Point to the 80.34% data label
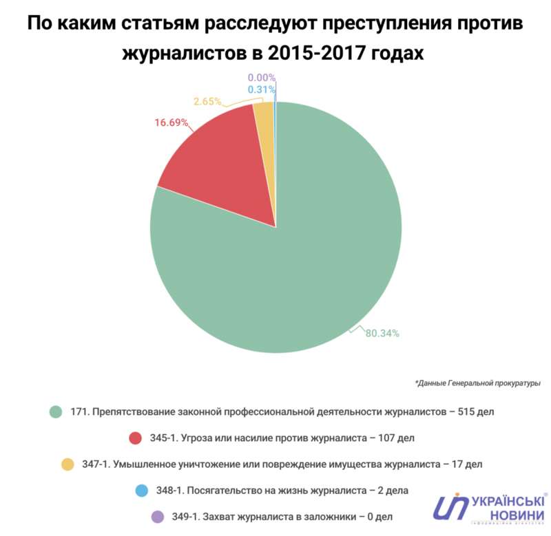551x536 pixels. [x=382, y=334]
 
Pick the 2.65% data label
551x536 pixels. [x=207, y=101]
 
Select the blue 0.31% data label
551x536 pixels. [x=262, y=89]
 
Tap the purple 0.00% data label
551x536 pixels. [x=262, y=78]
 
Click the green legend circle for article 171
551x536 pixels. [x=56, y=412]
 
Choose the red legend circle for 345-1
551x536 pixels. [x=135, y=438]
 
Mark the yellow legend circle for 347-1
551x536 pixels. [x=67, y=464]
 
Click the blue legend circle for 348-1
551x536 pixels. [x=142, y=491]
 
